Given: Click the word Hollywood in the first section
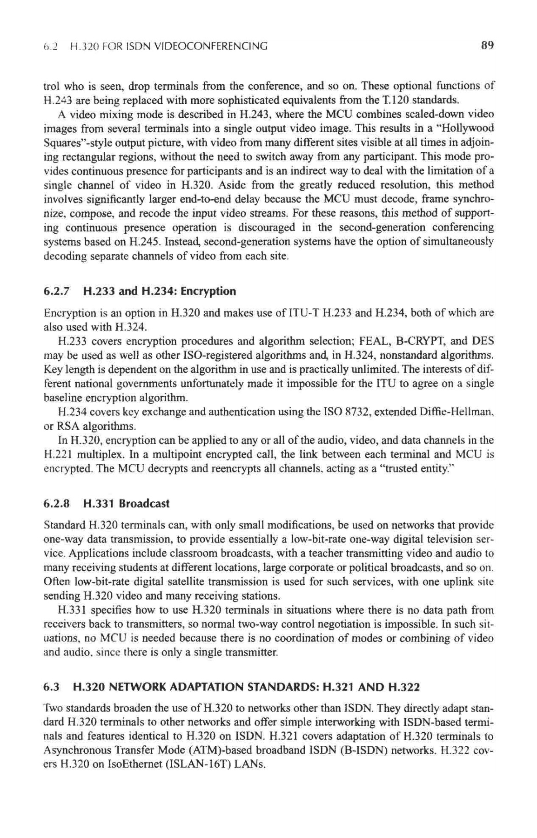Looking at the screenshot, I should [471, 128].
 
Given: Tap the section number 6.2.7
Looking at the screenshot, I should [56, 291].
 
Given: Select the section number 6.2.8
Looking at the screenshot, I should [56, 504].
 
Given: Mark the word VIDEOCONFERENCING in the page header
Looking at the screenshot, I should [211, 46].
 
